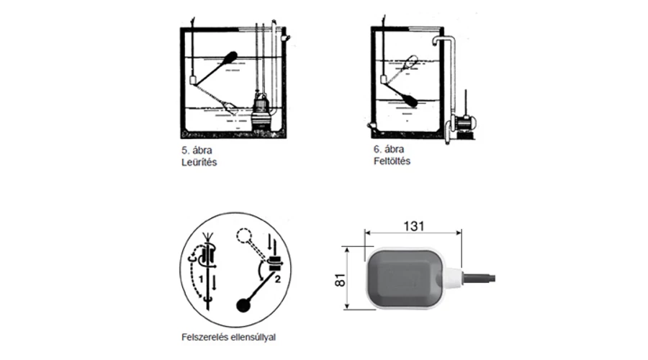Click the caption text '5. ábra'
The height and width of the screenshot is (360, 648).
[x=197, y=150]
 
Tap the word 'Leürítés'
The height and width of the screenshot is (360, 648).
[x=199, y=162]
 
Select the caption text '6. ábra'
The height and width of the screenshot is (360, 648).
[x=389, y=149]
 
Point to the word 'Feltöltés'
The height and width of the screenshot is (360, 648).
[x=392, y=161]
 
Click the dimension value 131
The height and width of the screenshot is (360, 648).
[x=414, y=226]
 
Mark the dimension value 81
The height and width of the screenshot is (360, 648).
[x=340, y=280]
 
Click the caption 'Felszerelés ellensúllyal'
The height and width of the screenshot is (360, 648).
[x=228, y=337]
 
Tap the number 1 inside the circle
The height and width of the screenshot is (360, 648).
[x=202, y=279]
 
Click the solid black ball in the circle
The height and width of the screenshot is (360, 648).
[x=243, y=305]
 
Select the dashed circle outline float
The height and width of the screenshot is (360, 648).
[x=243, y=236]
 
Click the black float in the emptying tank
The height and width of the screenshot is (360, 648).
[x=230, y=58]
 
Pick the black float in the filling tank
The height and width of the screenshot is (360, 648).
[x=410, y=99]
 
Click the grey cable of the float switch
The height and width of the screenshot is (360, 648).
[x=479, y=278]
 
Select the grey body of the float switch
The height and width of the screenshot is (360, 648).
[x=404, y=278]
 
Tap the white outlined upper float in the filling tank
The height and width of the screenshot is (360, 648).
[x=411, y=61]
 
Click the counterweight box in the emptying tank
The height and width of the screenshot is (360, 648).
[x=193, y=80]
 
